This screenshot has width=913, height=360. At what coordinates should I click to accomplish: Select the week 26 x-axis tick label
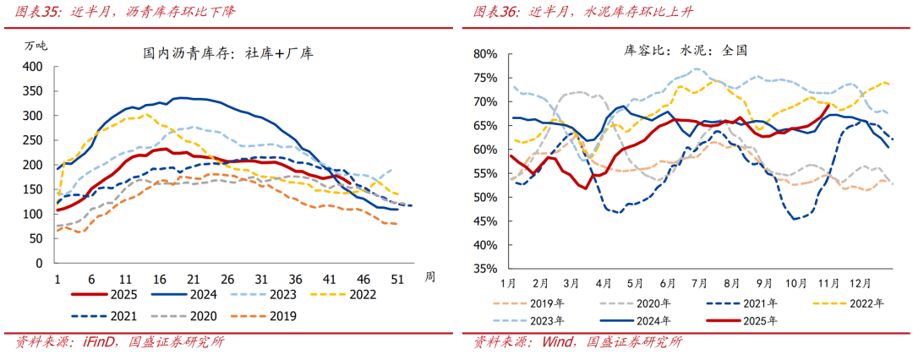pyautogui.click(x=227, y=280)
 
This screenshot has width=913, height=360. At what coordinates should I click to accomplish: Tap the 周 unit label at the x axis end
pyautogui.click(x=429, y=276)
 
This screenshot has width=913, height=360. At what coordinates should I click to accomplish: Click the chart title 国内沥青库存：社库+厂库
pyautogui.click(x=228, y=53)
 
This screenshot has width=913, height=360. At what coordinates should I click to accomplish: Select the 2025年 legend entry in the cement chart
pyautogui.click(x=760, y=321)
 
